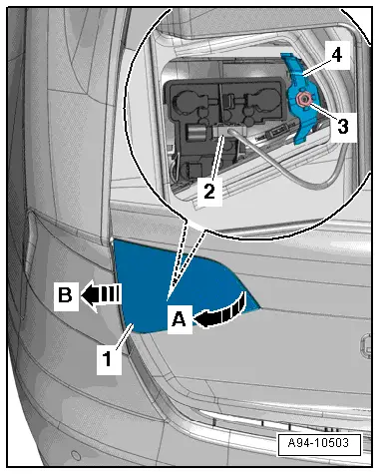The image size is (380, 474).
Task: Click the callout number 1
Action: coord(107,359)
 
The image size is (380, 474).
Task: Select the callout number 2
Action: coord(209,192)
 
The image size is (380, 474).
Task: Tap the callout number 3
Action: coord(343,127)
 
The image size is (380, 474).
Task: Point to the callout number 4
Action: coord(336,55)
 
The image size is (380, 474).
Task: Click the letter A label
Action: coord(180,320)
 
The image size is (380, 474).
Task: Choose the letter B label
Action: coord(66,294)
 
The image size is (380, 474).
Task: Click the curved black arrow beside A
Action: coord(221,312)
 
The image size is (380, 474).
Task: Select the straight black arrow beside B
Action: coord(100,294)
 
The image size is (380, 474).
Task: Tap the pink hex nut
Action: coord(303,99)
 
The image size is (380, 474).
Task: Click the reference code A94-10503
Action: coord(318,443)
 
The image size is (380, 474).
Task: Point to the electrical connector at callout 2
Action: coord(229,129)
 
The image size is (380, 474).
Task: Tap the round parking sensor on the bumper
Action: coord(76,455)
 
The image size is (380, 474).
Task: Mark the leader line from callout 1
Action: coord(124,336)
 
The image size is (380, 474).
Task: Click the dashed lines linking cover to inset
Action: coord(187,257)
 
